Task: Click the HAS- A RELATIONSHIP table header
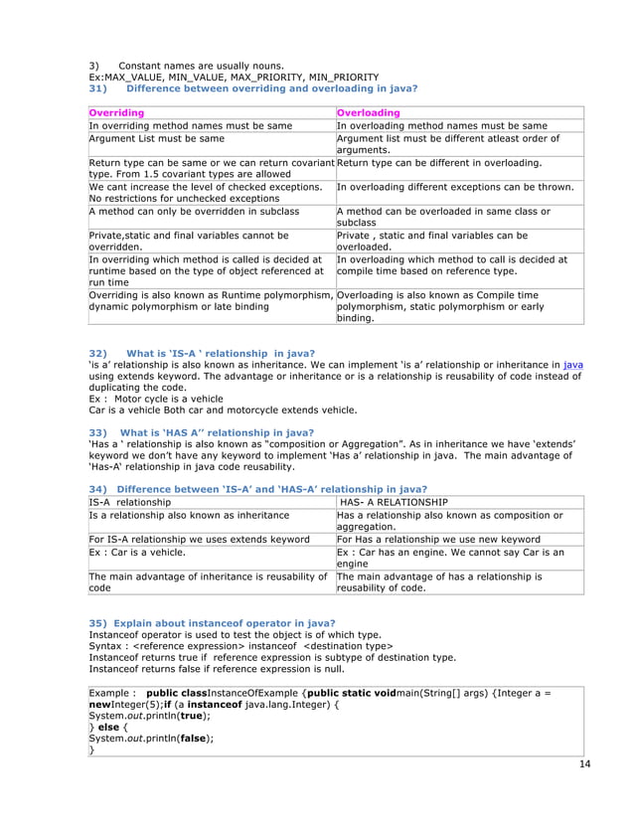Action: click(394, 502)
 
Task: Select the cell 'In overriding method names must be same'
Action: click(190, 126)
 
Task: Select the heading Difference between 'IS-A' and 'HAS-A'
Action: click(258, 489)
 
